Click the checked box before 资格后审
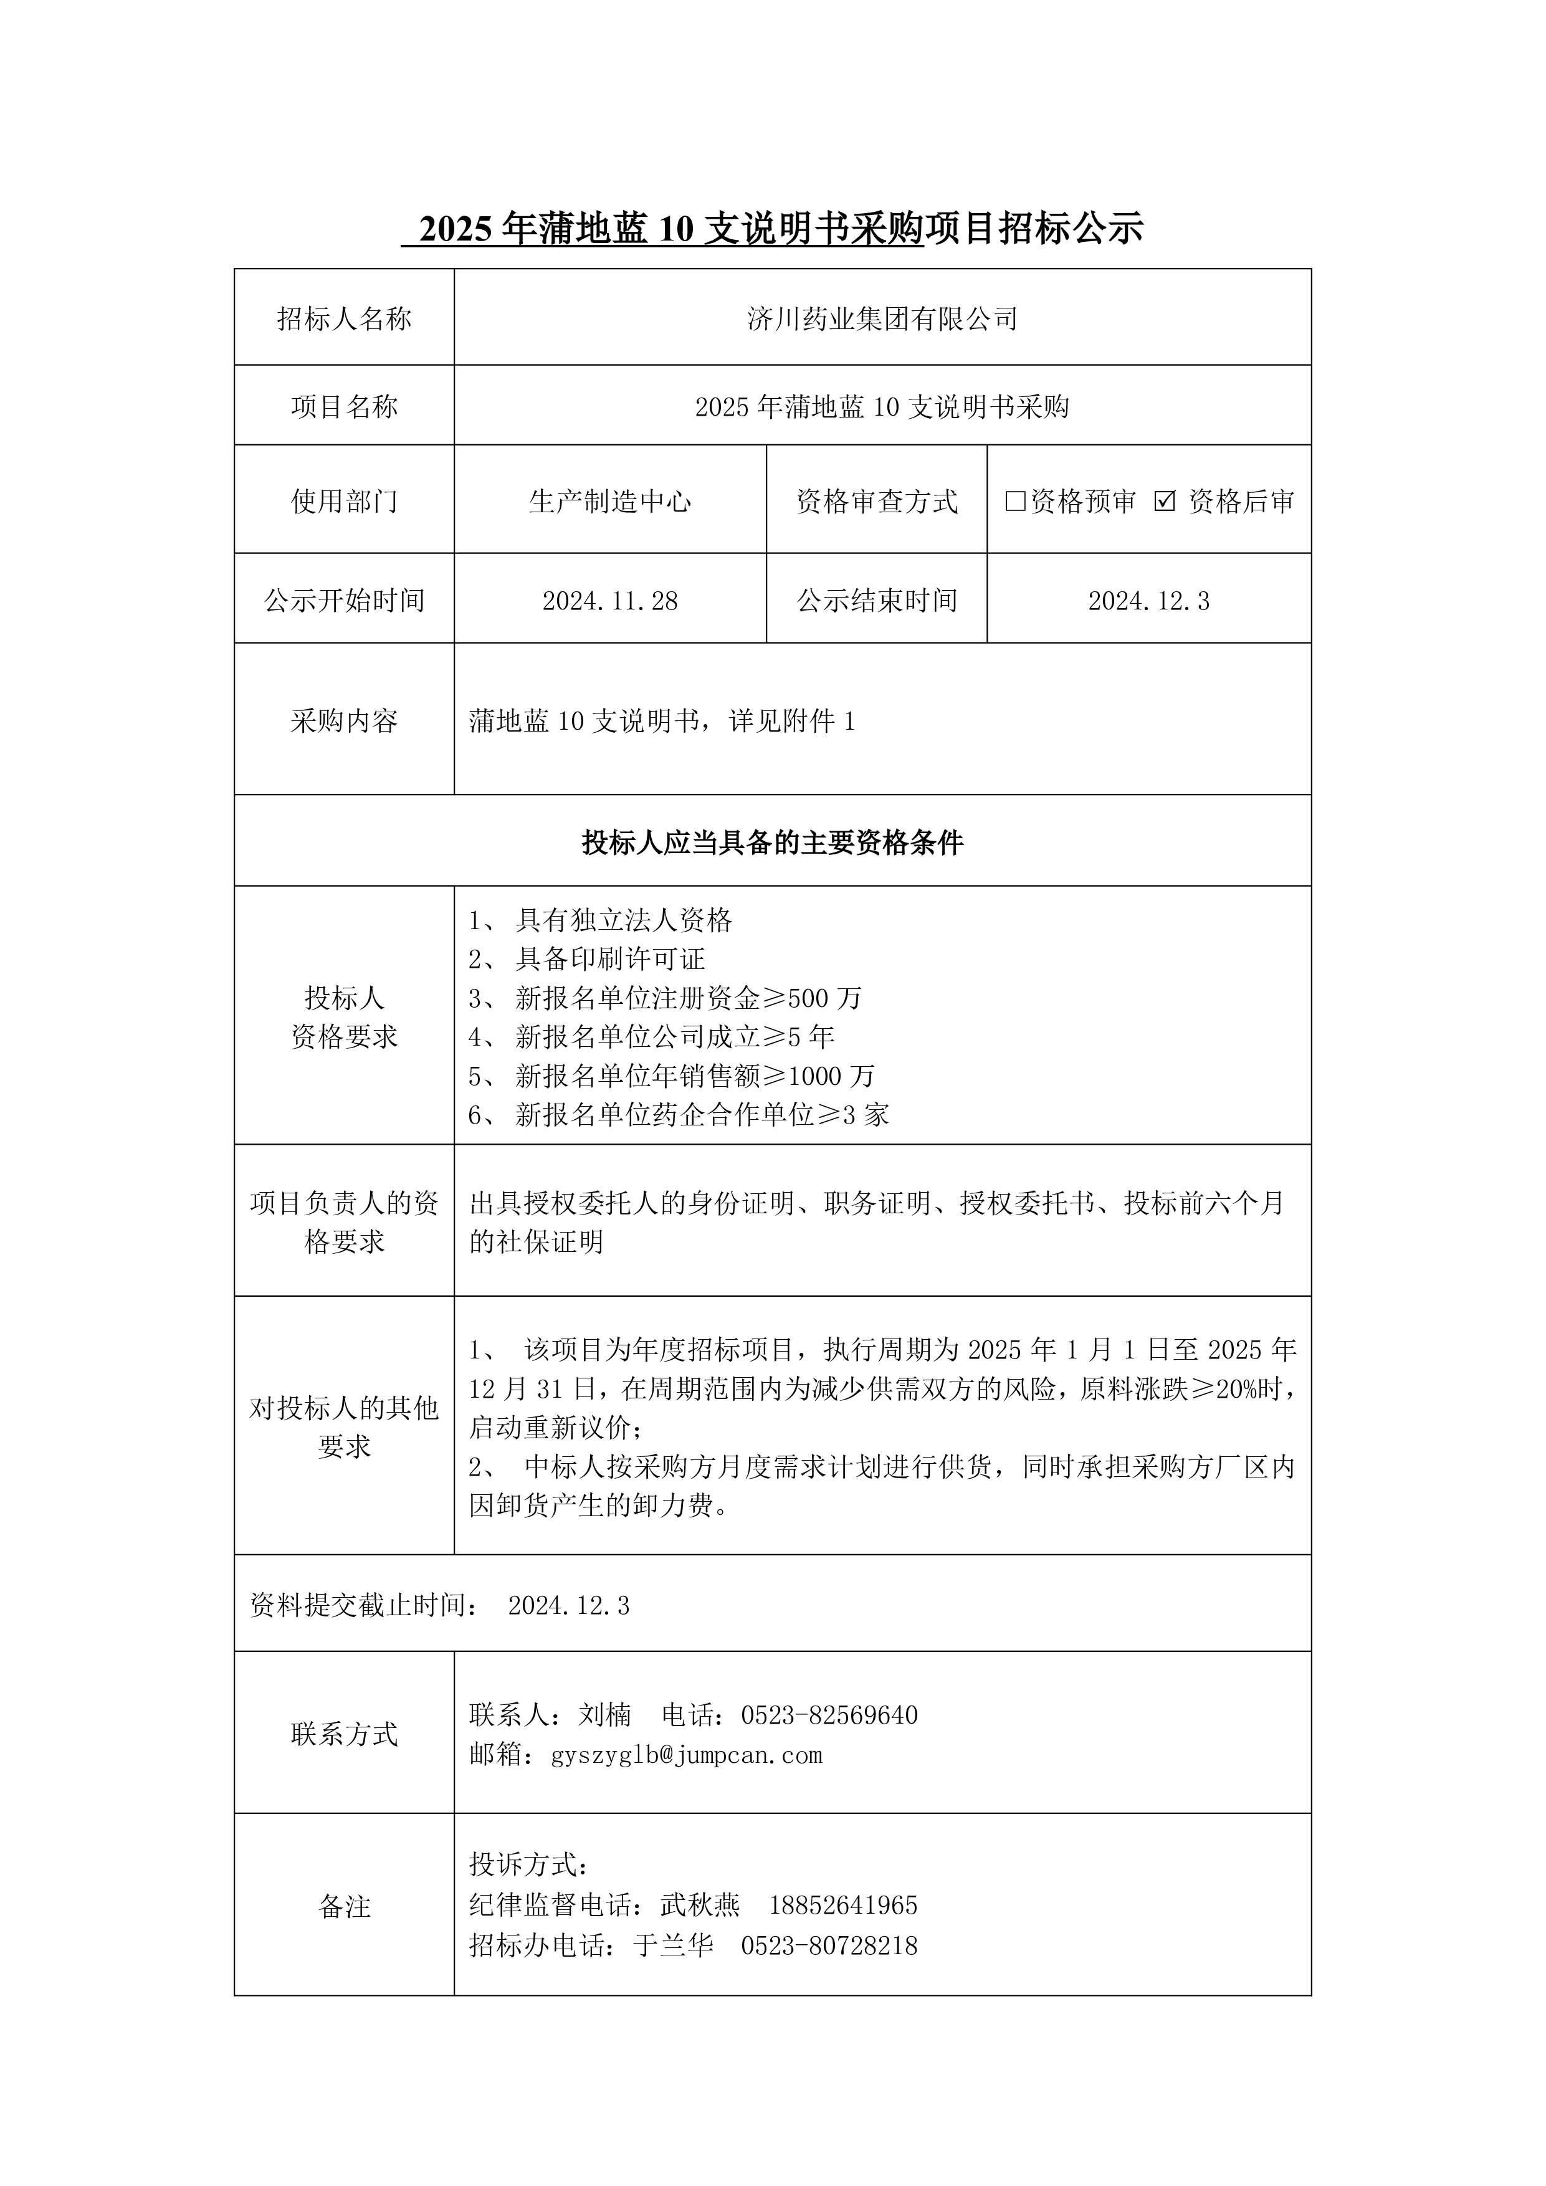tap(1164, 501)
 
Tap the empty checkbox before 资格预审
tap(1015, 501)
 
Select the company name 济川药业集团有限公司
tap(882, 319)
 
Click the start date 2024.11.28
tap(609, 601)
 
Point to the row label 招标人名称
tap(344, 319)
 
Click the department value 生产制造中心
tap(609, 501)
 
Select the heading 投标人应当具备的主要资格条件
tap(772, 842)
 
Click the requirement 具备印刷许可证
tap(609, 959)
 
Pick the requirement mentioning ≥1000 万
tap(694, 1076)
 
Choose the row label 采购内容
tap(344, 722)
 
